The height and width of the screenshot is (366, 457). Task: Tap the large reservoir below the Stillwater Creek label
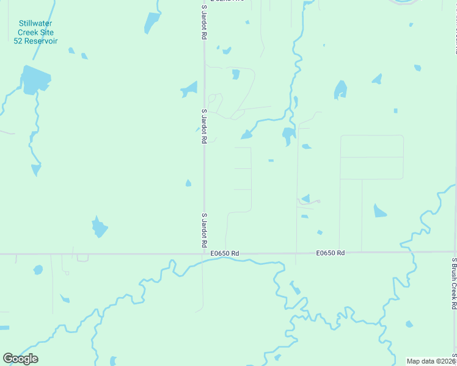35,81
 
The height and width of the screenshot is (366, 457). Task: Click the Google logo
20,359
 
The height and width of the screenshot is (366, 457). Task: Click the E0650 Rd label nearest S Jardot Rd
224,253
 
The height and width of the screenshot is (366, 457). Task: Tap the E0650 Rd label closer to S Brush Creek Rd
331,253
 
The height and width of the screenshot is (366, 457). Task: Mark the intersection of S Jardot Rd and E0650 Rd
204,253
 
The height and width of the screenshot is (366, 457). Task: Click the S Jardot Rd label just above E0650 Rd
204,229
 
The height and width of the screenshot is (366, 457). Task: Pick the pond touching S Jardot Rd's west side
190,90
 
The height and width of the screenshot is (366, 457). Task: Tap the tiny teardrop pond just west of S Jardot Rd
188,183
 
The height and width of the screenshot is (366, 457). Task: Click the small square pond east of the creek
395,110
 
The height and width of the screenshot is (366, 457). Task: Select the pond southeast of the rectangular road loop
379,211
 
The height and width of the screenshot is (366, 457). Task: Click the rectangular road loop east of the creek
371,157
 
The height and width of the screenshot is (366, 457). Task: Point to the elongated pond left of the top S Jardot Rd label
151,23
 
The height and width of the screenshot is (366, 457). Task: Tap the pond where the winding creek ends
246,134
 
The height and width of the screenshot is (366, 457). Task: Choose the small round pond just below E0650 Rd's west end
38,270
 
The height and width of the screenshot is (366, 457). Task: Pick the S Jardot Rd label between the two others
204,126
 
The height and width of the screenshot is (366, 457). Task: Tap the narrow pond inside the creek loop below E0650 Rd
294,288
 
